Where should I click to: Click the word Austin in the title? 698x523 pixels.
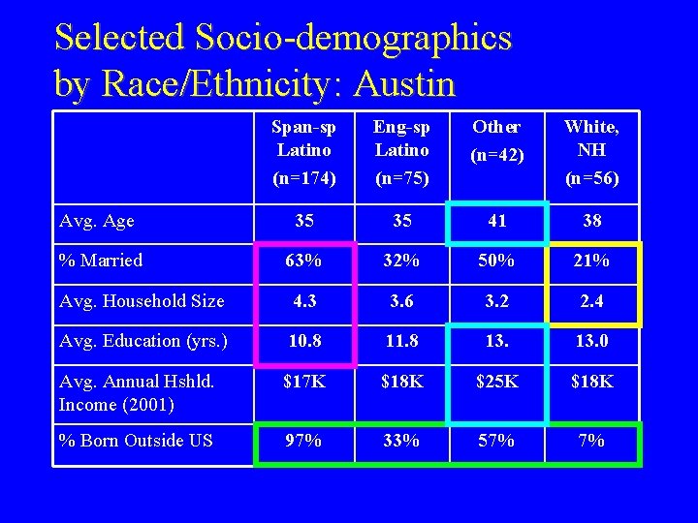(404, 84)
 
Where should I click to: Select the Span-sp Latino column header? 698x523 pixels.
(304, 151)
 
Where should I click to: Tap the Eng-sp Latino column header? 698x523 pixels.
(402, 151)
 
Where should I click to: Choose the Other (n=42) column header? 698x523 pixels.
(496, 139)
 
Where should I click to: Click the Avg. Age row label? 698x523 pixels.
(96, 221)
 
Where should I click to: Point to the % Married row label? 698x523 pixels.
(101, 261)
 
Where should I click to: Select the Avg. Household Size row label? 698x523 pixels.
(142, 301)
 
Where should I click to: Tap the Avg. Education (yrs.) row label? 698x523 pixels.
(143, 341)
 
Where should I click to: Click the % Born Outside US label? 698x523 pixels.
(136, 441)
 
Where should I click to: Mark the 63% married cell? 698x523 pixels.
(304, 261)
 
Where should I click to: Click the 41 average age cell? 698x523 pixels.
(497, 221)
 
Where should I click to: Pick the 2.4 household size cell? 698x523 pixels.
(591, 301)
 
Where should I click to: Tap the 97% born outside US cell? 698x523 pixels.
(304, 441)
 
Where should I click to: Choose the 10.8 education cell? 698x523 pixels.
(304, 341)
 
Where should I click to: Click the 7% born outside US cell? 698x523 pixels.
(591, 441)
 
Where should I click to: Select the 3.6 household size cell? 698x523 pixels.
(402, 301)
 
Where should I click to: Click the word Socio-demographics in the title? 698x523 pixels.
(353, 37)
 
